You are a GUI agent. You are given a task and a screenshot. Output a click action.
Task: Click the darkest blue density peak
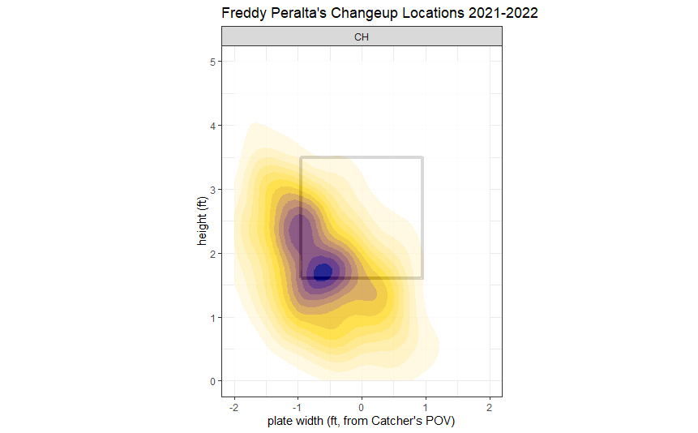point(323,272)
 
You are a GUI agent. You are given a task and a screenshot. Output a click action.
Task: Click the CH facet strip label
point(362,36)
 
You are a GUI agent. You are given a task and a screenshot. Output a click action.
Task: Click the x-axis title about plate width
point(362,422)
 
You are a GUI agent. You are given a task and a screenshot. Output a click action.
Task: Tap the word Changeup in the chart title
point(377,14)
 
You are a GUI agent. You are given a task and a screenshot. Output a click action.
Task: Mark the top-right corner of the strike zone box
point(422,157)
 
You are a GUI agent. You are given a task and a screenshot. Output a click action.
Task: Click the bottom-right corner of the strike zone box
point(422,278)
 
